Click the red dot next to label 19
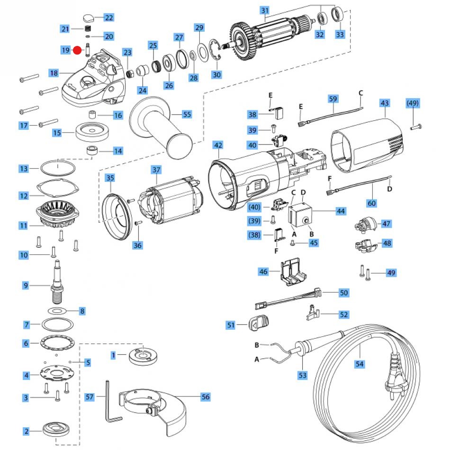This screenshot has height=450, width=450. coord(78,50)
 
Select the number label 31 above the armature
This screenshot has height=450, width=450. coord(265,11)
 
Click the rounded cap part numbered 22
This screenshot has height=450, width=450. coord(89,18)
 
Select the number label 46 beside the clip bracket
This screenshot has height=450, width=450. coord(264,271)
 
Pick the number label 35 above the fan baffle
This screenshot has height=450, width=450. coord(110,178)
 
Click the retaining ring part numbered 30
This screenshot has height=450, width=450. coord(216,57)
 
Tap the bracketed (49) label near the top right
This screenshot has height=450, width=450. coord(413,103)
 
